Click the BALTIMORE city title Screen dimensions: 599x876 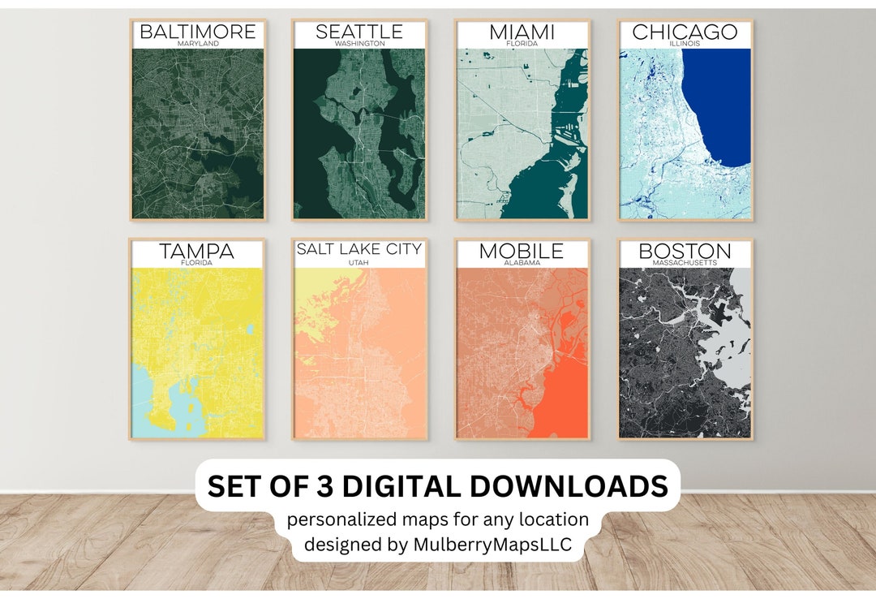(x=197, y=32)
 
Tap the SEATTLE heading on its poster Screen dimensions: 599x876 (x=359, y=32)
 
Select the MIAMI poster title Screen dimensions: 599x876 (x=522, y=32)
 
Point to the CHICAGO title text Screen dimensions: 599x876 (x=685, y=32)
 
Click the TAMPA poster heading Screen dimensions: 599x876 (x=196, y=252)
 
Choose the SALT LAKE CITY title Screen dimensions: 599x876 (x=359, y=249)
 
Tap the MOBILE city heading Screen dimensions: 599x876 (x=522, y=252)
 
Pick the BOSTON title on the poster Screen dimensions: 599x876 (x=685, y=252)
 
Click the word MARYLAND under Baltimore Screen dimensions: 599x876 (x=197, y=44)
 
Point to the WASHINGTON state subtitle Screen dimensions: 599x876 (x=359, y=44)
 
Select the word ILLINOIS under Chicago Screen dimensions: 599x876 (x=685, y=44)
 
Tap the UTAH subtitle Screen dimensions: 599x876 (x=359, y=263)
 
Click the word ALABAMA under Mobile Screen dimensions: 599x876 (x=522, y=263)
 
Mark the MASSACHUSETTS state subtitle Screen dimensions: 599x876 (x=685, y=263)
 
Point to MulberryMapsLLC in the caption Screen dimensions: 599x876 (x=496, y=545)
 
